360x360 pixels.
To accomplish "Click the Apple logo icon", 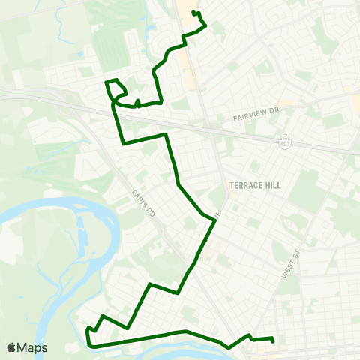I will click(12, 348).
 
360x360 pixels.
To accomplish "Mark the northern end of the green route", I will click(193, 12).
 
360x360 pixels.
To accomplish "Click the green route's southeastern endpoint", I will click(273, 342).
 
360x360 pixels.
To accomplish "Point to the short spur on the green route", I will click(138, 103).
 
